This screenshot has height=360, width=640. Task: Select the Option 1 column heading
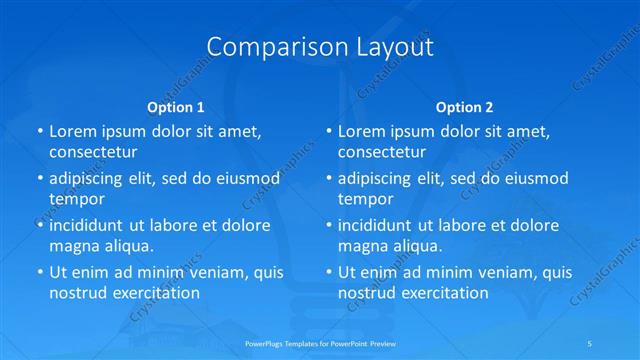(176, 106)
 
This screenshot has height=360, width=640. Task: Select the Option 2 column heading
(465, 106)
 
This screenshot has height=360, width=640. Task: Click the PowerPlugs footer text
(319, 342)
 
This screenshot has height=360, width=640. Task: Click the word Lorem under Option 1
(72, 131)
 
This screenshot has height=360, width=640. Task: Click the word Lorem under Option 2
(361, 131)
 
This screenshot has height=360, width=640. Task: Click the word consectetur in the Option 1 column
(93, 152)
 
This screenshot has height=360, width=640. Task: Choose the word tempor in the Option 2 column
(366, 199)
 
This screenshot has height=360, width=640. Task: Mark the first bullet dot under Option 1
(38, 132)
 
